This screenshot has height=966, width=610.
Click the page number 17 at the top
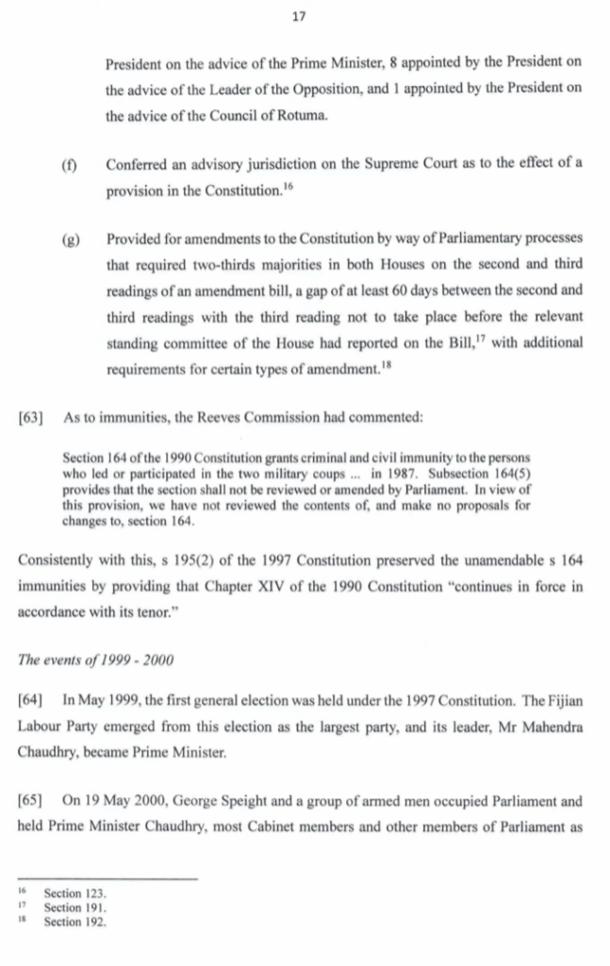click(304, 16)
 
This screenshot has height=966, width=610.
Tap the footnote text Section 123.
click(75, 891)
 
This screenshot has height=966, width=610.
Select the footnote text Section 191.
click(75, 907)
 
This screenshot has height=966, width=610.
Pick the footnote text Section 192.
click(75, 922)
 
